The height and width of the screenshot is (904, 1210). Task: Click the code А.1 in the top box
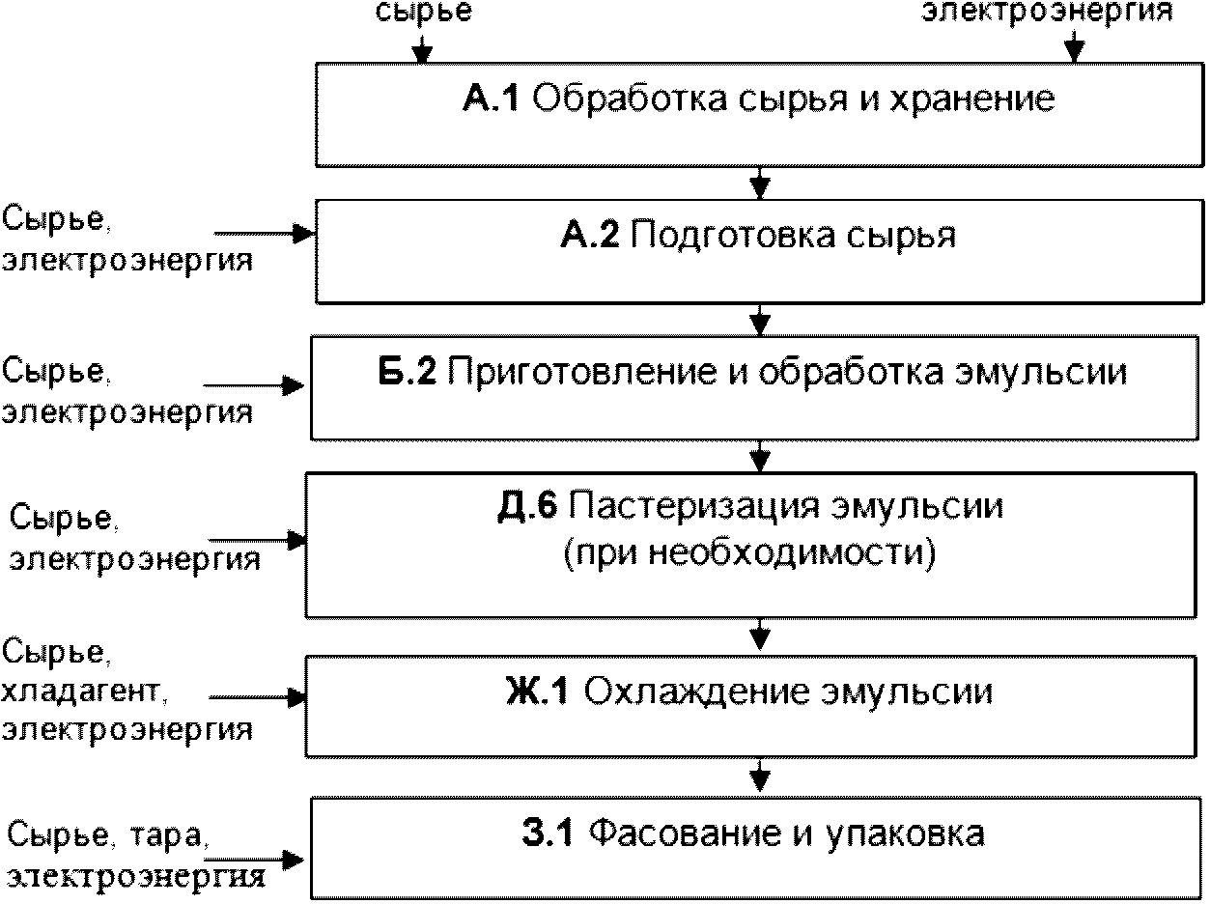[492, 99]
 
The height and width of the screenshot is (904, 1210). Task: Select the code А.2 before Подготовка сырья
[589, 236]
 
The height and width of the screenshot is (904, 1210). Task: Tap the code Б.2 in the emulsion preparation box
[409, 372]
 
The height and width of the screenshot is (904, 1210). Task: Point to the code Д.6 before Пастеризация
[528, 505]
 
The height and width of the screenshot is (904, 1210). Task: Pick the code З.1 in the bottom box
[548, 832]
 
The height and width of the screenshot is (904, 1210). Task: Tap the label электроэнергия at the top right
[1048, 12]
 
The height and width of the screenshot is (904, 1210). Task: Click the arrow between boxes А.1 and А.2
[761, 181]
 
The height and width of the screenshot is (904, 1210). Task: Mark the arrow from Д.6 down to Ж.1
[761, 634]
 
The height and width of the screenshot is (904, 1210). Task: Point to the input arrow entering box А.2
[266, 234]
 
